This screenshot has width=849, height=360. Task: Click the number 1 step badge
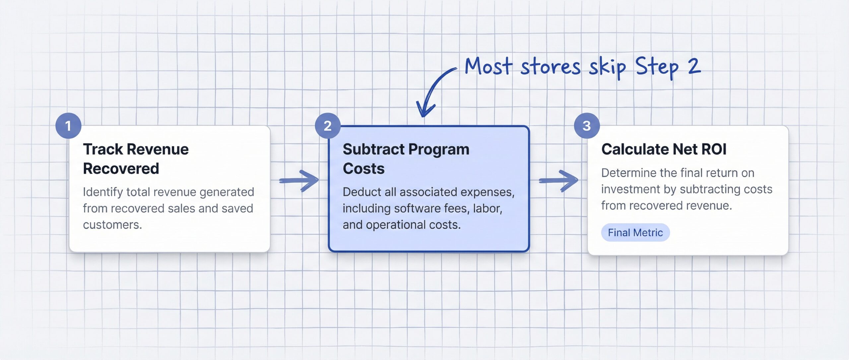[68, 126]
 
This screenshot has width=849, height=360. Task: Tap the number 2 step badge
[328, 126]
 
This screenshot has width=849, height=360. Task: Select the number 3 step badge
[587, 126]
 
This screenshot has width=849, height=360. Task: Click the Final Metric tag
[635, 233]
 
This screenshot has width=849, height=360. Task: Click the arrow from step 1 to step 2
[299, 181]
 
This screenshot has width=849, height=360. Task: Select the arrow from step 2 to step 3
[558, 181]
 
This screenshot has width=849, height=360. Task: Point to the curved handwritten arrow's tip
[423, 116]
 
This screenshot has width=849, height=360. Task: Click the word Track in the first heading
[103, 150]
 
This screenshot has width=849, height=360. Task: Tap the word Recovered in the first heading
[121, 169]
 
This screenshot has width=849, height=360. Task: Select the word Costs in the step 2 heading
[363, 169]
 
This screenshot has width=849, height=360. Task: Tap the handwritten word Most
[488, 66]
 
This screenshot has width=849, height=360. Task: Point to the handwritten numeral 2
[694, 66]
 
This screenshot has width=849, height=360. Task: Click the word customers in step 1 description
[112, 225]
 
